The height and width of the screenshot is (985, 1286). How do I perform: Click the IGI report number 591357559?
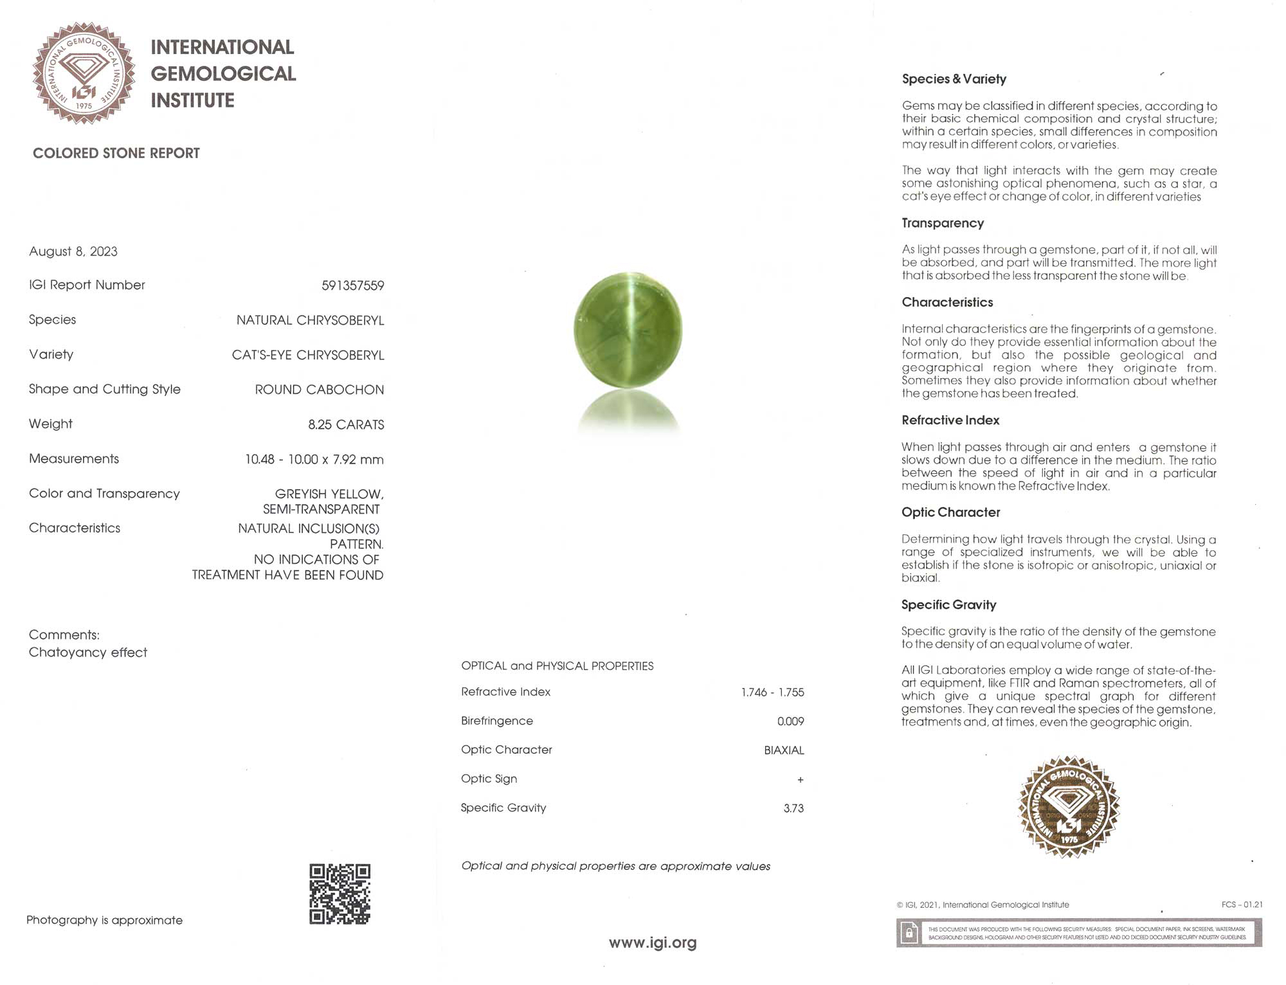click(352, 285)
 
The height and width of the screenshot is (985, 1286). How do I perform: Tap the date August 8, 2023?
click(73, 251)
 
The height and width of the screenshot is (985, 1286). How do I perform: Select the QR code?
click(340, 894)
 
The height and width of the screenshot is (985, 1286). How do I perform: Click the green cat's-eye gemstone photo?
click(628, 330)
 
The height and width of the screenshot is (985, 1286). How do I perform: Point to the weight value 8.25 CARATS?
click(346, 424)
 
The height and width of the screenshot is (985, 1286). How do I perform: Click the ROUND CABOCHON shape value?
click(319, 390)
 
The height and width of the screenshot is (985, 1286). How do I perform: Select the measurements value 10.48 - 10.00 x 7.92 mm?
click(314, 459)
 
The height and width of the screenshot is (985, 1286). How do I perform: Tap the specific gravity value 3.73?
click(793, 808)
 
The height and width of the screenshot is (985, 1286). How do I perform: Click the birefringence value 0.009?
click(790, 721)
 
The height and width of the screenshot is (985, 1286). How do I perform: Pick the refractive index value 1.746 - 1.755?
click(772, 692)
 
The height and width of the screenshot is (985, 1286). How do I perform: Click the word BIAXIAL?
click(784, 750)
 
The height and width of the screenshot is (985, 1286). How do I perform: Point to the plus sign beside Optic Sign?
click(800, 780)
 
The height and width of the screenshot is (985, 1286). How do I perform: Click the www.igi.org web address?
click(653, 943)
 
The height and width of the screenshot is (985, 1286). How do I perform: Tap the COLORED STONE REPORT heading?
click(116, 153)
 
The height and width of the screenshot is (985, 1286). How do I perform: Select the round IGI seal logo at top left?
click(84, 73)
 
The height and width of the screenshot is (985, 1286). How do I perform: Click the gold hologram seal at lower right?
click(1069, 806)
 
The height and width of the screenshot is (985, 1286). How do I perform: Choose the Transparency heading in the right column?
click(943, 223)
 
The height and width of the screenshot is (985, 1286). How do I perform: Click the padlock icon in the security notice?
click(909, 932)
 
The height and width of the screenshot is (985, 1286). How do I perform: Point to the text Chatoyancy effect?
click(88, 653)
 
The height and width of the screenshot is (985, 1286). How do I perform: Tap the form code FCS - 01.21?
click(1242, 905)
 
